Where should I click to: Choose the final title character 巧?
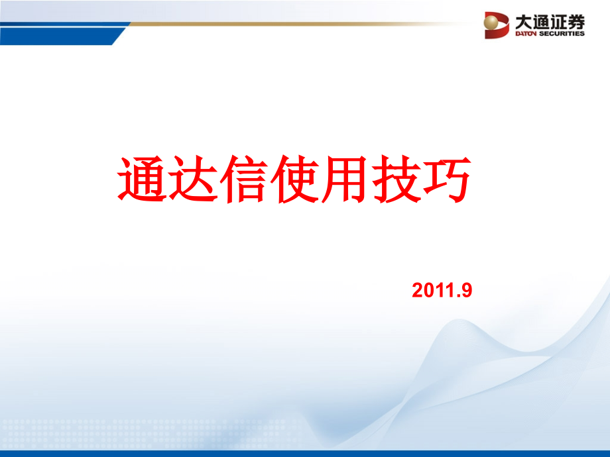coord(445,179)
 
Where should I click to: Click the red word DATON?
coord(528,33)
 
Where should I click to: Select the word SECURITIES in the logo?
coord(563,33)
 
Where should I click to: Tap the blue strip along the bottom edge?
coord(305,454)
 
